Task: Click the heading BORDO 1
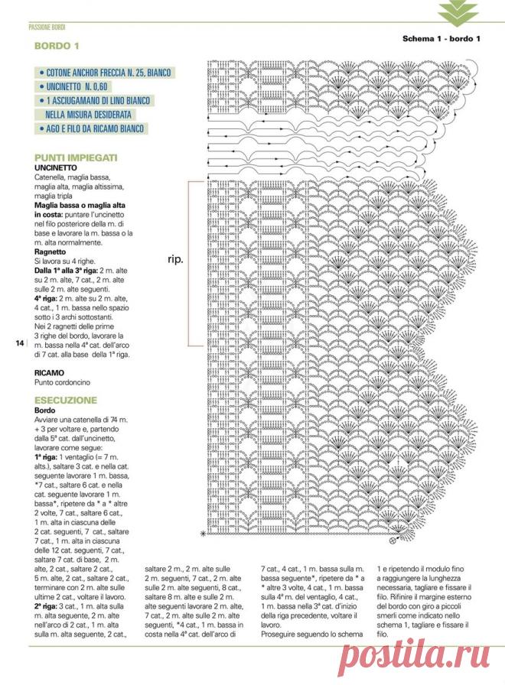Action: click(x=57, y=47)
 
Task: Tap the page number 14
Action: click(x=20, y=342)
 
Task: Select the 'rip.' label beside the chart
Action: click(x=175, y=259)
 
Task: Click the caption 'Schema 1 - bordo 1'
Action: click(x=441, y=39)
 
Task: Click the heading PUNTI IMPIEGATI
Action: click(x=76, y=157)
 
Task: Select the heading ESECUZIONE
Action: click(x=66, y=400)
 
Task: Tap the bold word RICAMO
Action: click(x=50, y=372)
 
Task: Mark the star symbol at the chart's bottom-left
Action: click(x=204, y=533)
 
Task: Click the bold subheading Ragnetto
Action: click(x=50, y=252)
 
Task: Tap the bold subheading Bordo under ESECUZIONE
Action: click(x=46, y=410)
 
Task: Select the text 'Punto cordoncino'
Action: click(x=63, y=381)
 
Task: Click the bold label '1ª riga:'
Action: click(x=48, y=455)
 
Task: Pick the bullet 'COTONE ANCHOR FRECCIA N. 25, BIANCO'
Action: click(x=109, y=73)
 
